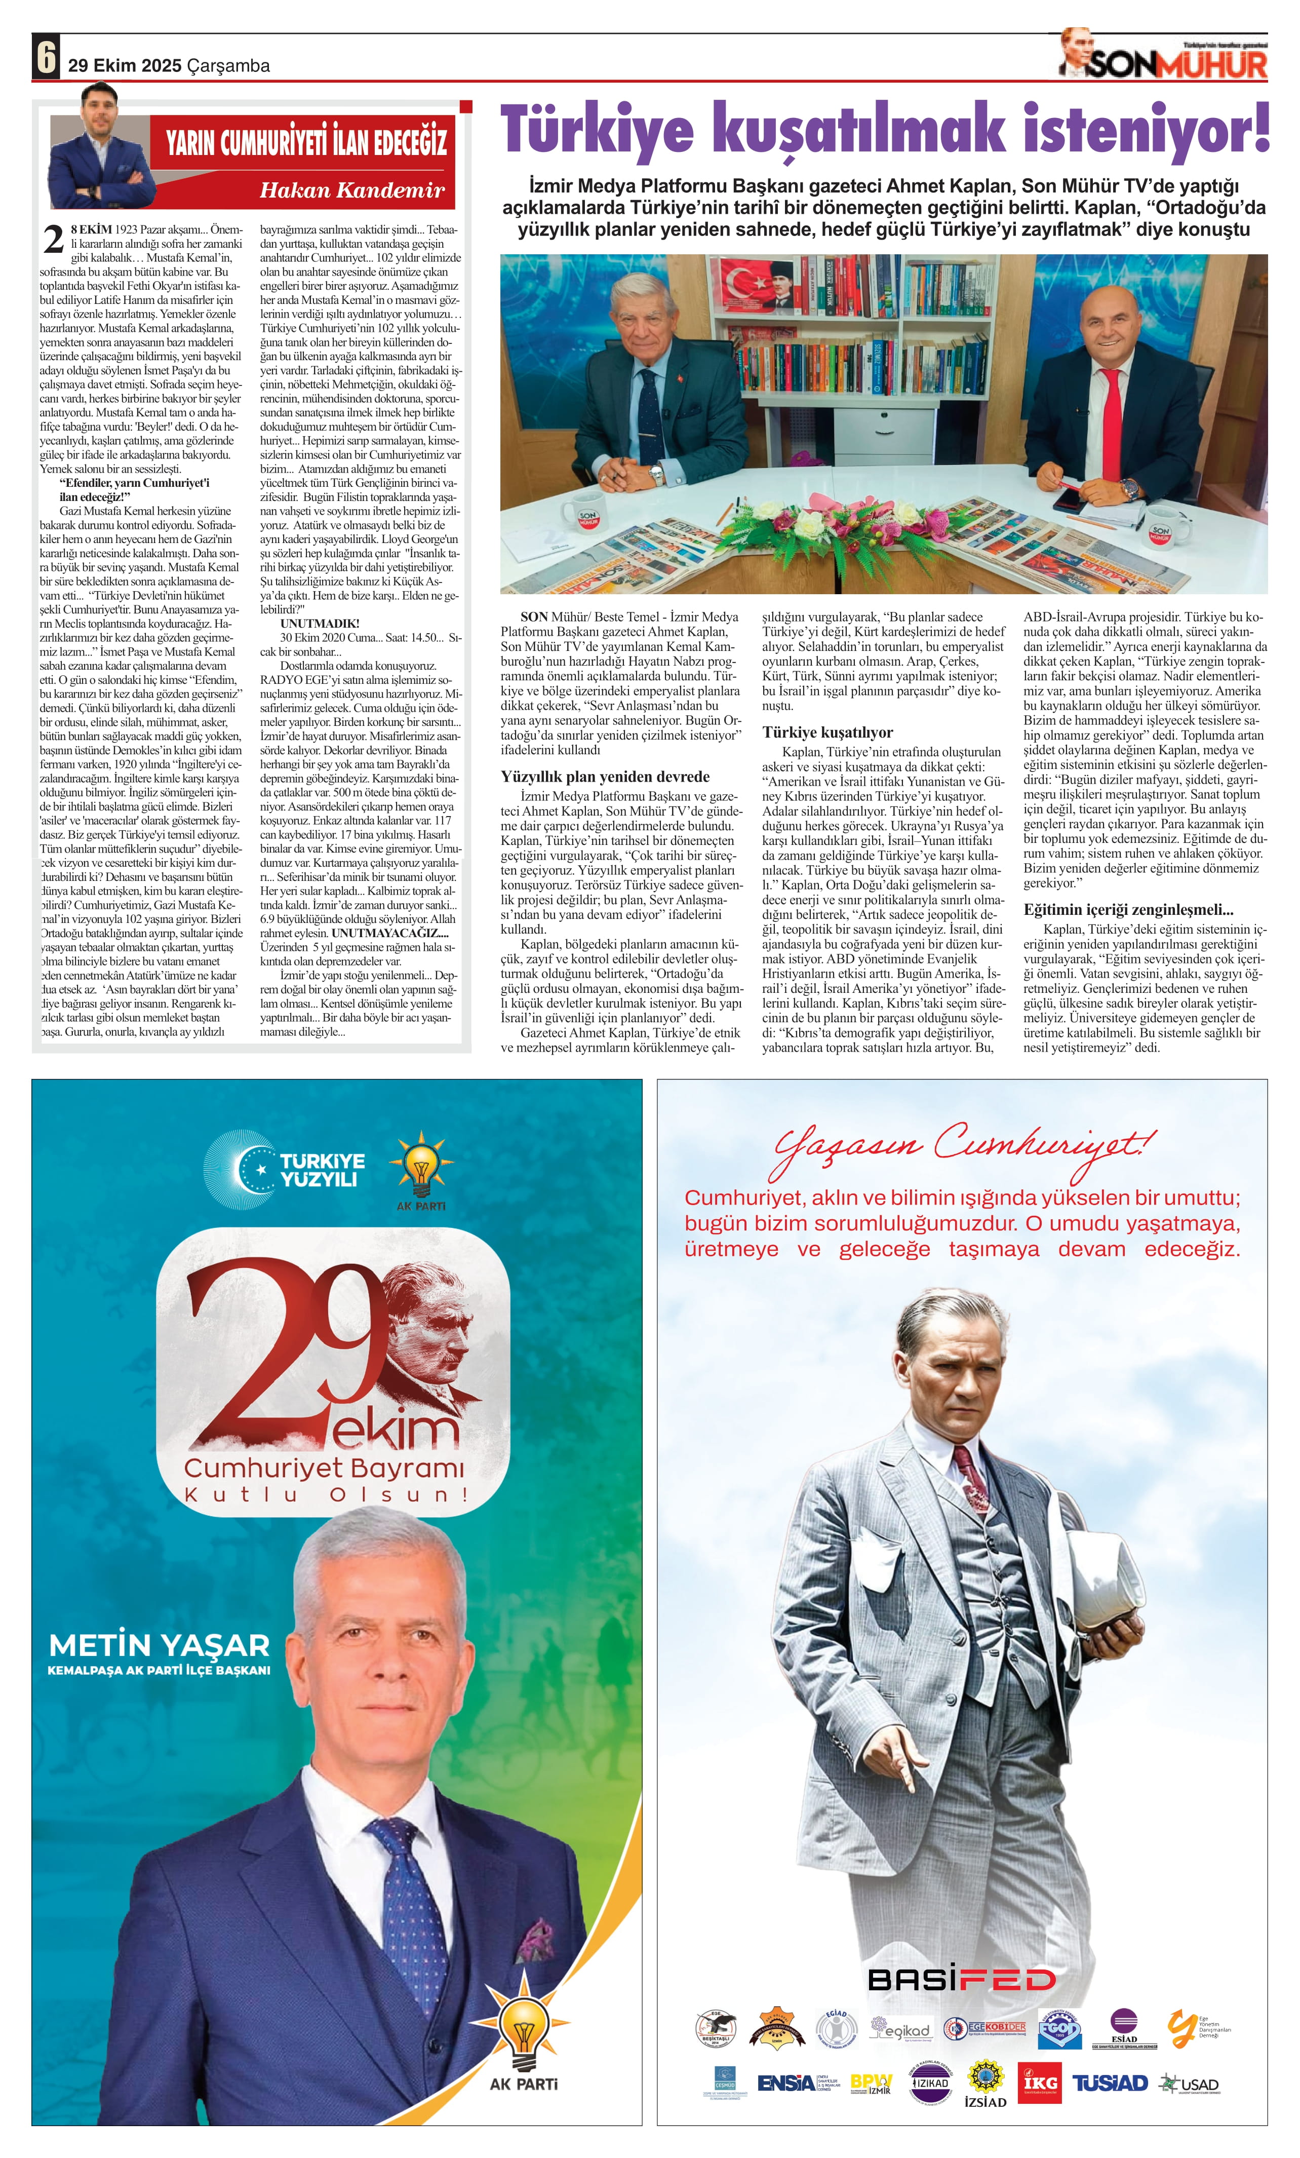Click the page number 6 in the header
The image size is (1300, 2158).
(x=46, y=58)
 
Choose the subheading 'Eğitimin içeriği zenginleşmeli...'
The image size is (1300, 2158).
(x=1127, y=909)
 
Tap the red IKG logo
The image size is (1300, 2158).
(x=1039, y=2083)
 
